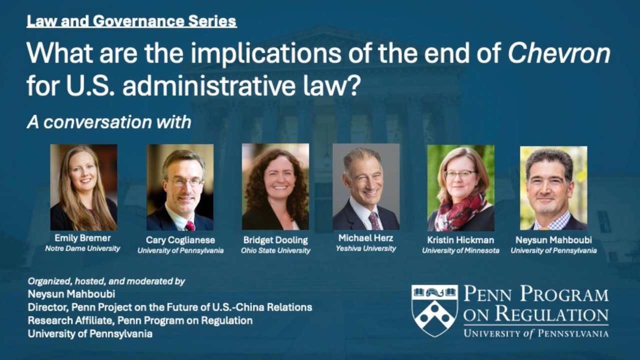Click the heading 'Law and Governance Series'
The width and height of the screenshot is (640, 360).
pos(131,21)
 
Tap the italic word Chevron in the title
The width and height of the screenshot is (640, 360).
pos(559,53)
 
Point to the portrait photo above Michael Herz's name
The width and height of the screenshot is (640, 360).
pos(366,186)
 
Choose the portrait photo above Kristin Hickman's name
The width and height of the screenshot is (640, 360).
pos(460,187)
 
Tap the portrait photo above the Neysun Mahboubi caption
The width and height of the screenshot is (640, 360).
pos(553,187)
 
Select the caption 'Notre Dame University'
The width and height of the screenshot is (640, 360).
pos(82,248)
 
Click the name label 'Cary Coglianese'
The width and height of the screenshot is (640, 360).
pos(180,240)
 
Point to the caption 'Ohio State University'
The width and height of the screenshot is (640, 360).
pos(275,250)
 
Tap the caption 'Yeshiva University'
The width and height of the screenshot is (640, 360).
pos(366,248)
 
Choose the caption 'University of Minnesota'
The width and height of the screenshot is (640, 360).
pos(460,250)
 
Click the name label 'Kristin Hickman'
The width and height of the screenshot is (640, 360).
pos(460,240)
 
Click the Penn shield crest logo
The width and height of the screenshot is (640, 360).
pos(434,310)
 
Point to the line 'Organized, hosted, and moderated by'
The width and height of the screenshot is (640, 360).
pos(106,281)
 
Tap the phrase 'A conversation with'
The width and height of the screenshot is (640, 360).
pos(109,122)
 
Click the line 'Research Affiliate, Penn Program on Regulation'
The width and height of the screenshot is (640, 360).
pos(140,320)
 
